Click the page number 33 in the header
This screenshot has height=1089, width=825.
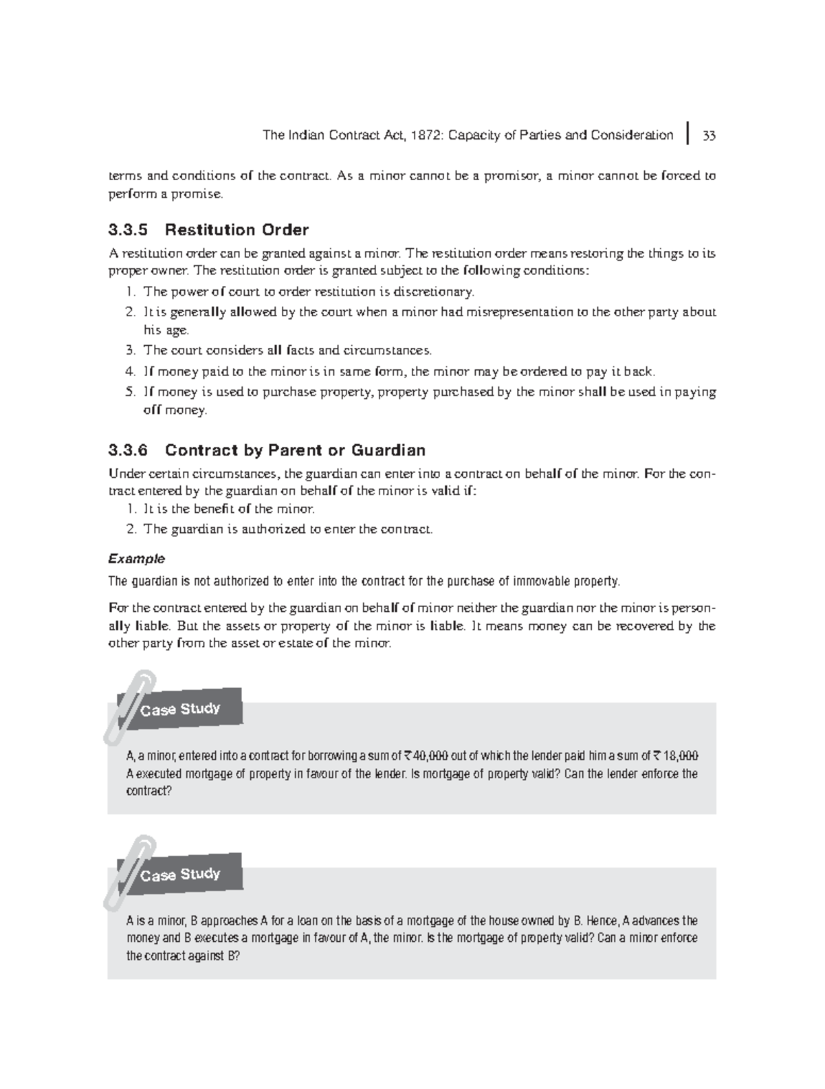click(x=709, y=135)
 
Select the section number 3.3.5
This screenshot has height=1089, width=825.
click(x=128, y=230)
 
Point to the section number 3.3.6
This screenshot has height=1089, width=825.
click(x=128, y=450)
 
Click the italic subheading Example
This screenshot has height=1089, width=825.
click(x=137, y=558)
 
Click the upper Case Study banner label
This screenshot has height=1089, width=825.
click(x=180, y=709)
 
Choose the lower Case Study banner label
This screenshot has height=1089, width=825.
click(x=180, y=874)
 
